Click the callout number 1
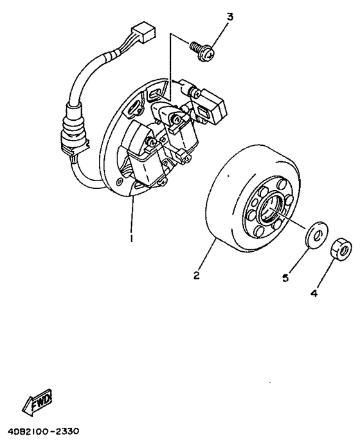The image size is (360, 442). coord(131,237)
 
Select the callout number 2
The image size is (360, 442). coord(197,277)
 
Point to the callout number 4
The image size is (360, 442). coord(314,294)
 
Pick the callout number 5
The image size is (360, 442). coord(285,278)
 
